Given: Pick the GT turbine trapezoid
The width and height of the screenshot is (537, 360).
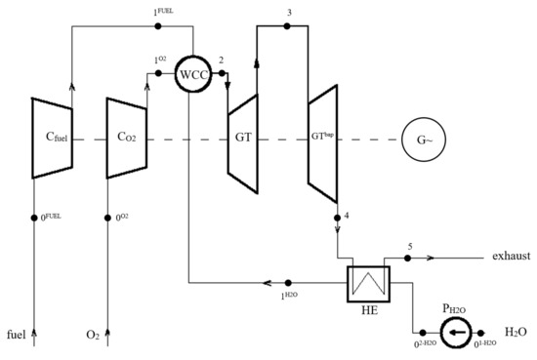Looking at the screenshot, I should click(x=243, y=138).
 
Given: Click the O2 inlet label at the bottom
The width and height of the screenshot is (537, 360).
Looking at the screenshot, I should click(x=92, y=336).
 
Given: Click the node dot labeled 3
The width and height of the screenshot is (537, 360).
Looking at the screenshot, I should click(x=286, y=26).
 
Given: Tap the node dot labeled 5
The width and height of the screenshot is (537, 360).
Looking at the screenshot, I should click(x=408, y=259).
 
